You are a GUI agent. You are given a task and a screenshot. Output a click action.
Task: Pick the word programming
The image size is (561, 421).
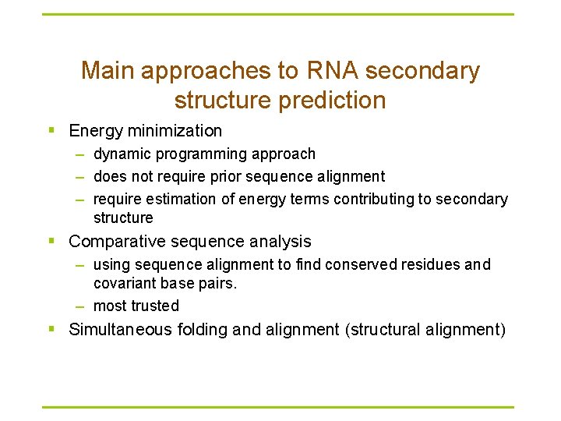[195, 154]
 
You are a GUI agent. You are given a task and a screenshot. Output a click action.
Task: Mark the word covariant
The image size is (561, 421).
[125, 283]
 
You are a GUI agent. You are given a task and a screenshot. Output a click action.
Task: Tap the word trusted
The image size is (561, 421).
[155, 306]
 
